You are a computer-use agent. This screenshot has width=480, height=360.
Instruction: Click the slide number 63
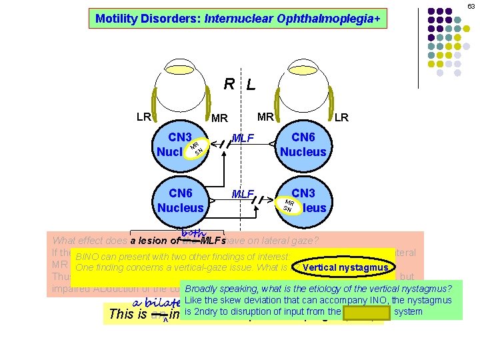tap(471, 6)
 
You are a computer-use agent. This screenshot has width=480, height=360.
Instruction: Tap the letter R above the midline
tap(229, 84)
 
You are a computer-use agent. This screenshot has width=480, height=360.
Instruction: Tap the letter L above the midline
tap(250, 85)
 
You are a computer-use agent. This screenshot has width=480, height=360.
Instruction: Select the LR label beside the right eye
tap(143, 117)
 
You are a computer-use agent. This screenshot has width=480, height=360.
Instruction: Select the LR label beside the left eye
tap(341, 117)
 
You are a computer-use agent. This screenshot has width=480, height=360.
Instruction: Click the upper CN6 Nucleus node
tap(303, 144)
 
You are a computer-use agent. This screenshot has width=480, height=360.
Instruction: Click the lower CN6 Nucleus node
tap(181, 200)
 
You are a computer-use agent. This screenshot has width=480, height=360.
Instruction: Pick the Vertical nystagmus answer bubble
tap(345, 268)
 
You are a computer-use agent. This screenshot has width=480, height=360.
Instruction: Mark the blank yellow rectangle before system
tap(366, 311)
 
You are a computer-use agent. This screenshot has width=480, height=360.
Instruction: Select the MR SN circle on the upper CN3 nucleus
tap(195, 148)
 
